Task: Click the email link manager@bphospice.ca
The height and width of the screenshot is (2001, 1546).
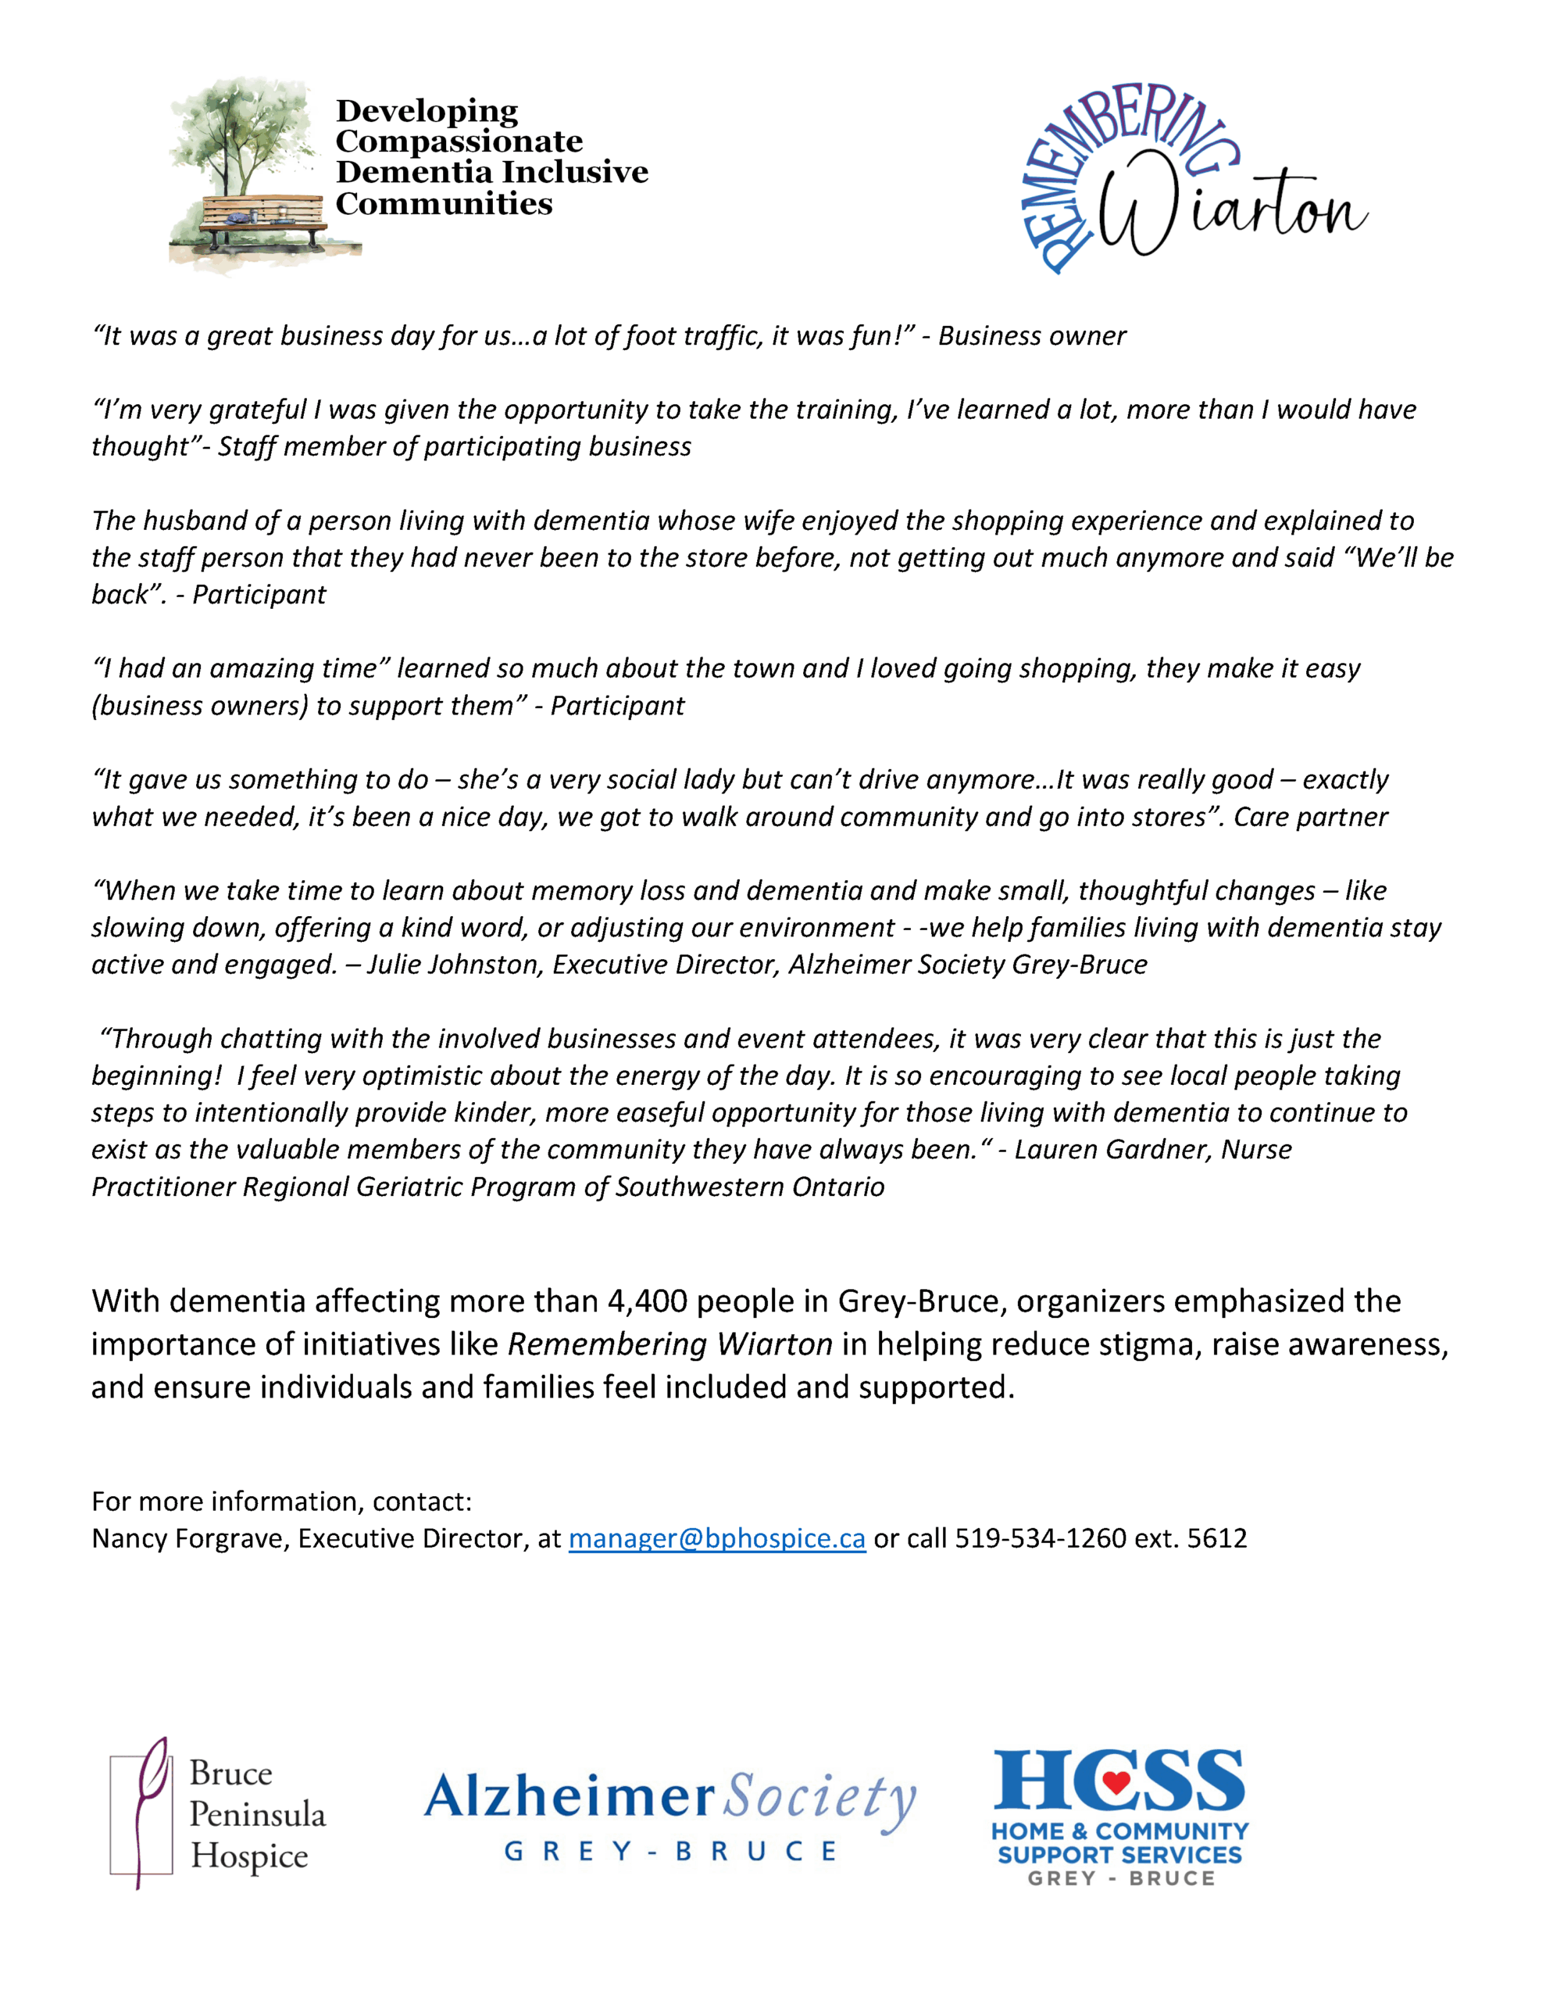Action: [x=716, y=1538]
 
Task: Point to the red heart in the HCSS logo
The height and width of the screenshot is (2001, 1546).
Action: [x=1116, y=1781]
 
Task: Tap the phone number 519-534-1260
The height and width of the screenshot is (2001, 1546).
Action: [x=1041, y=1538]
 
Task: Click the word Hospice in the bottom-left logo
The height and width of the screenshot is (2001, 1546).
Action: [x=249, y=1856]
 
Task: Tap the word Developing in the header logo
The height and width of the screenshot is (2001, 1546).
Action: [x=427, y=111]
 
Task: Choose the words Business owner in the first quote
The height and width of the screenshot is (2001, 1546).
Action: [x=1032, y=336]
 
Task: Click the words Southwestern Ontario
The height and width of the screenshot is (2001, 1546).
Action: [x=749, y=1187]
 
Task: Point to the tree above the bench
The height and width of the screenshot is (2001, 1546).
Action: [x=240, y=133]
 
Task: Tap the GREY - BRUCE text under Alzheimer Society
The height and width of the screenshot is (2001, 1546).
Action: [x=670, y=1852]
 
